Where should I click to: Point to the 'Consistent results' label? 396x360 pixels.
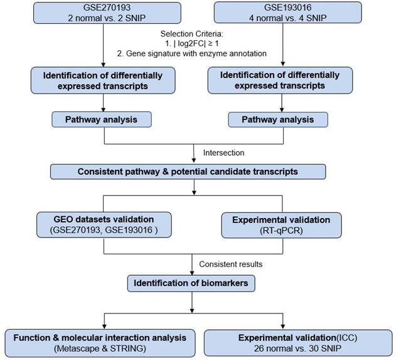point(230,264)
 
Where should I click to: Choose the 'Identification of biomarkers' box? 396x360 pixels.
point(192,284)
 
